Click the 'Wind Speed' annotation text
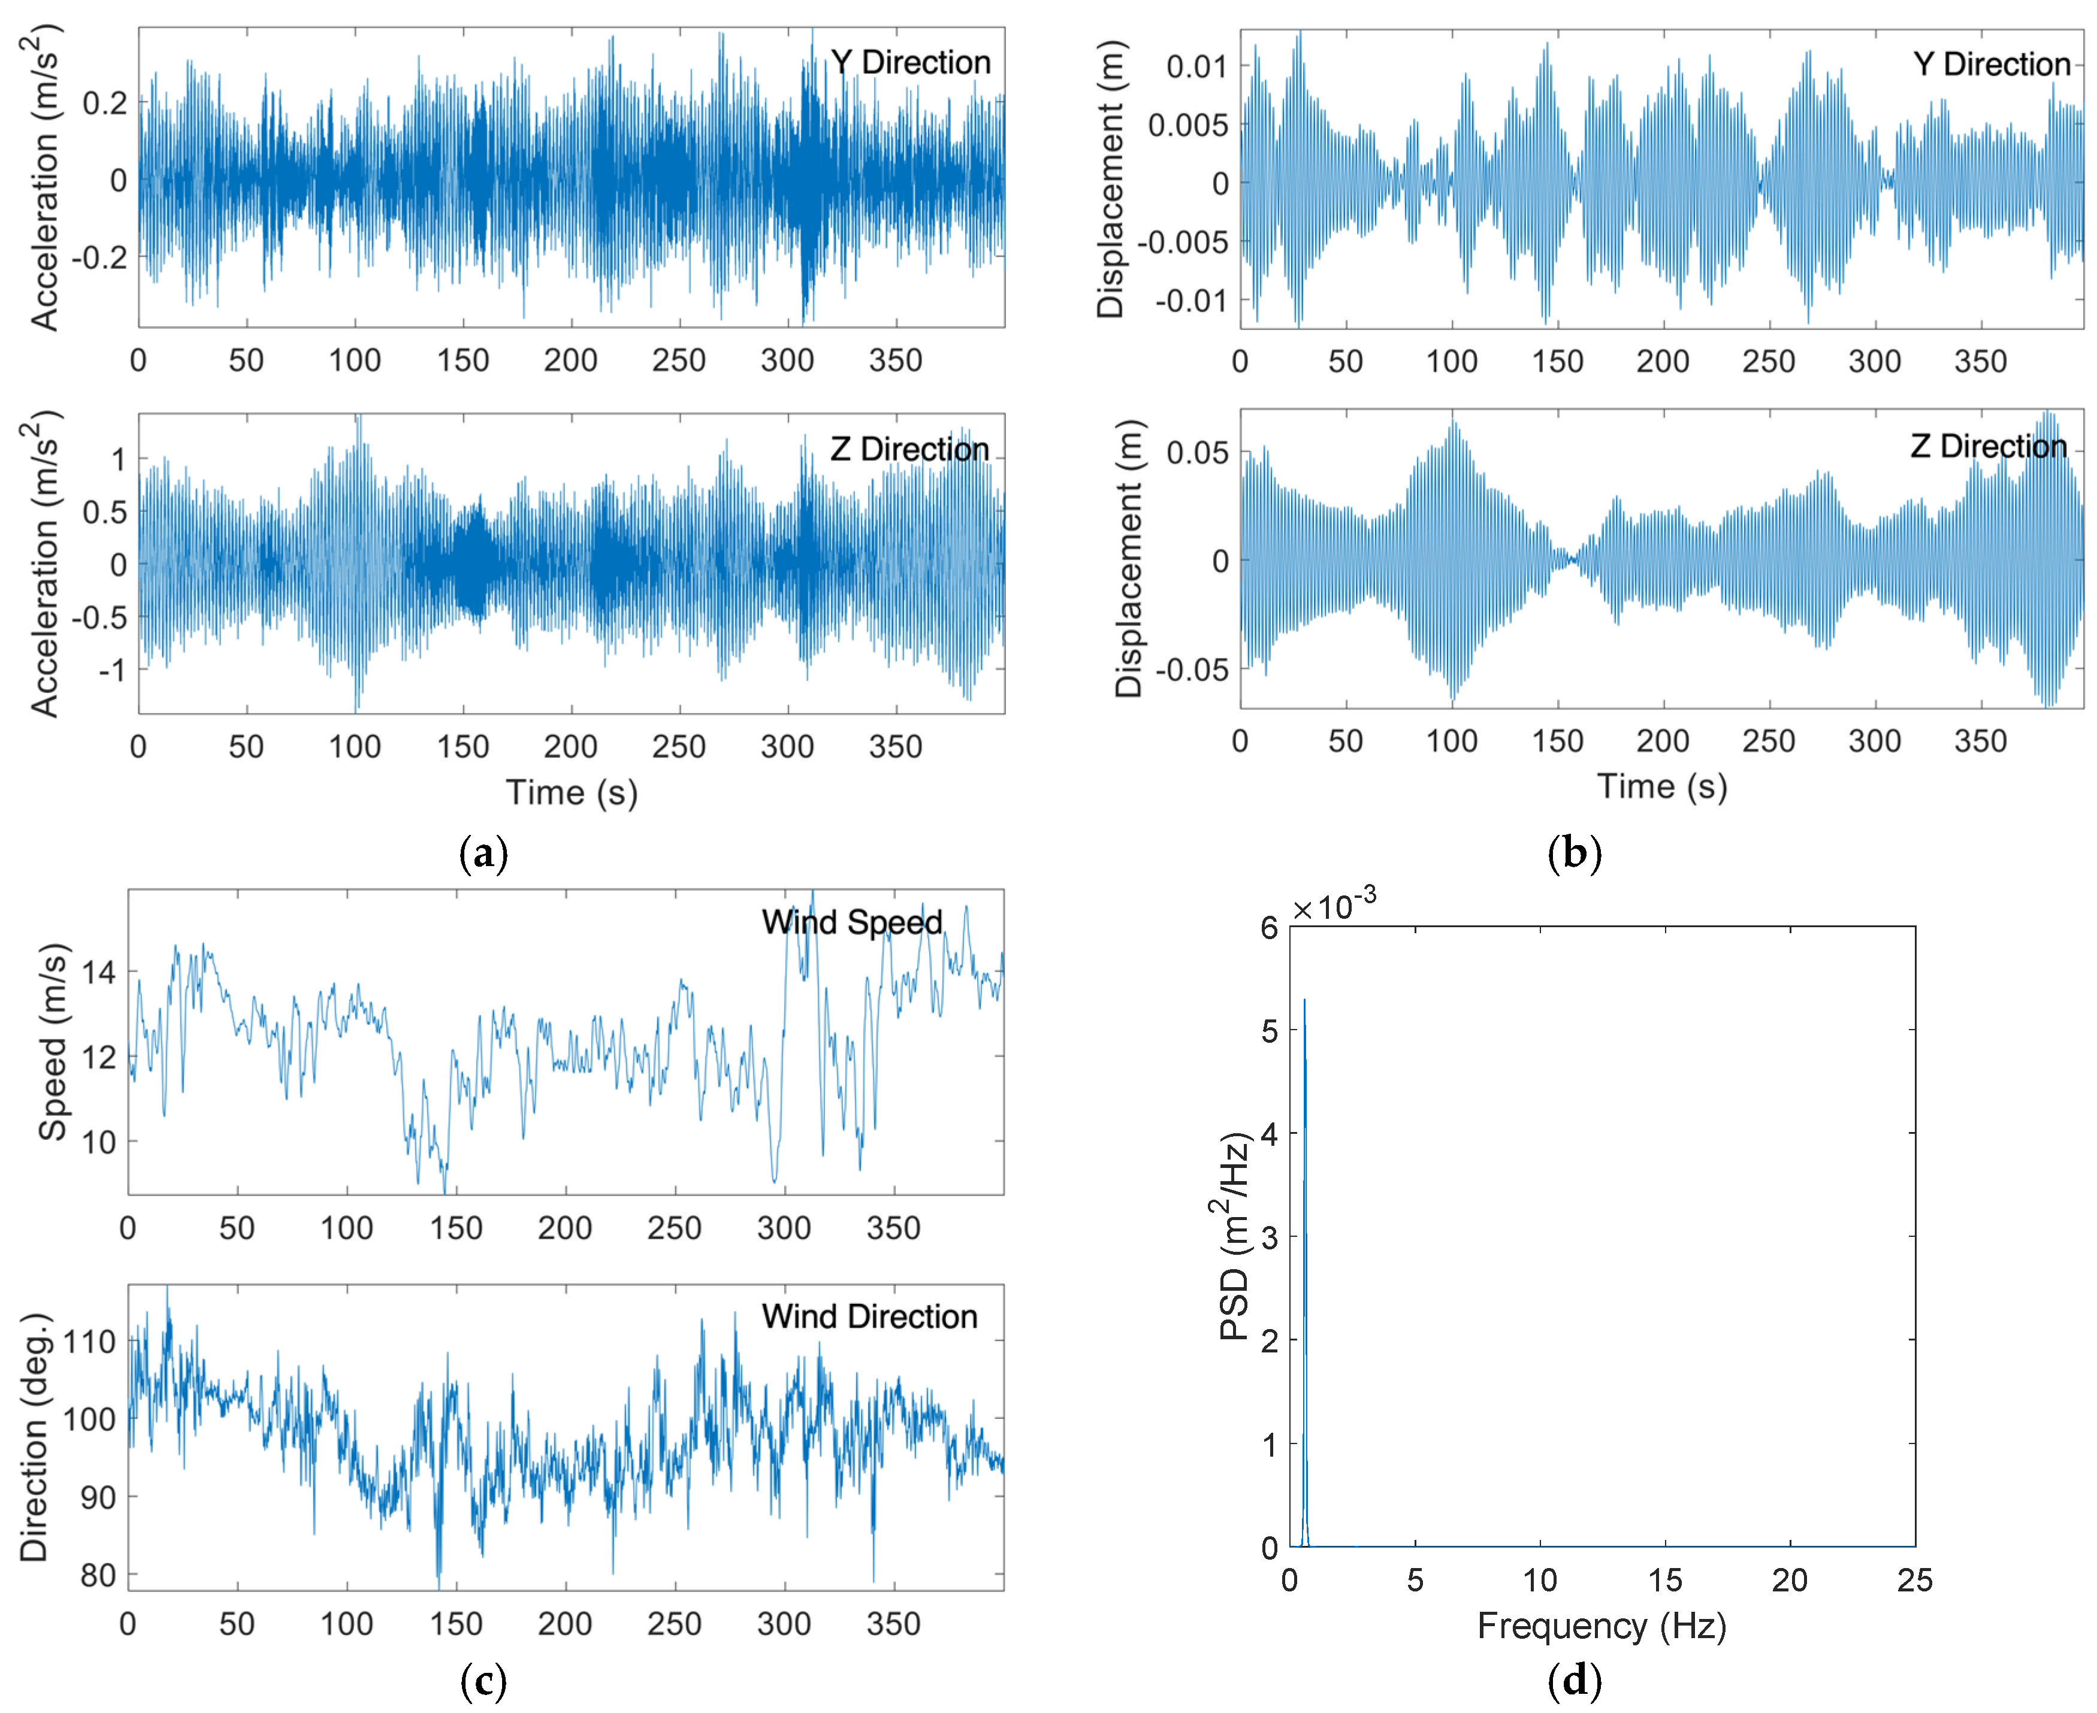pos(851,922)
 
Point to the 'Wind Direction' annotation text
pos(869,1316)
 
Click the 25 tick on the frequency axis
pos(1914,1580)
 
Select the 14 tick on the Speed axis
pos(98,973)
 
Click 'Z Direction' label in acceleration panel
pos(909,449)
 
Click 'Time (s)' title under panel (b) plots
pos(1662,786)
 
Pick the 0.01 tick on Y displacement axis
pos(1196,67)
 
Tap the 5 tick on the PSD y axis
pos(1269,1031)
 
